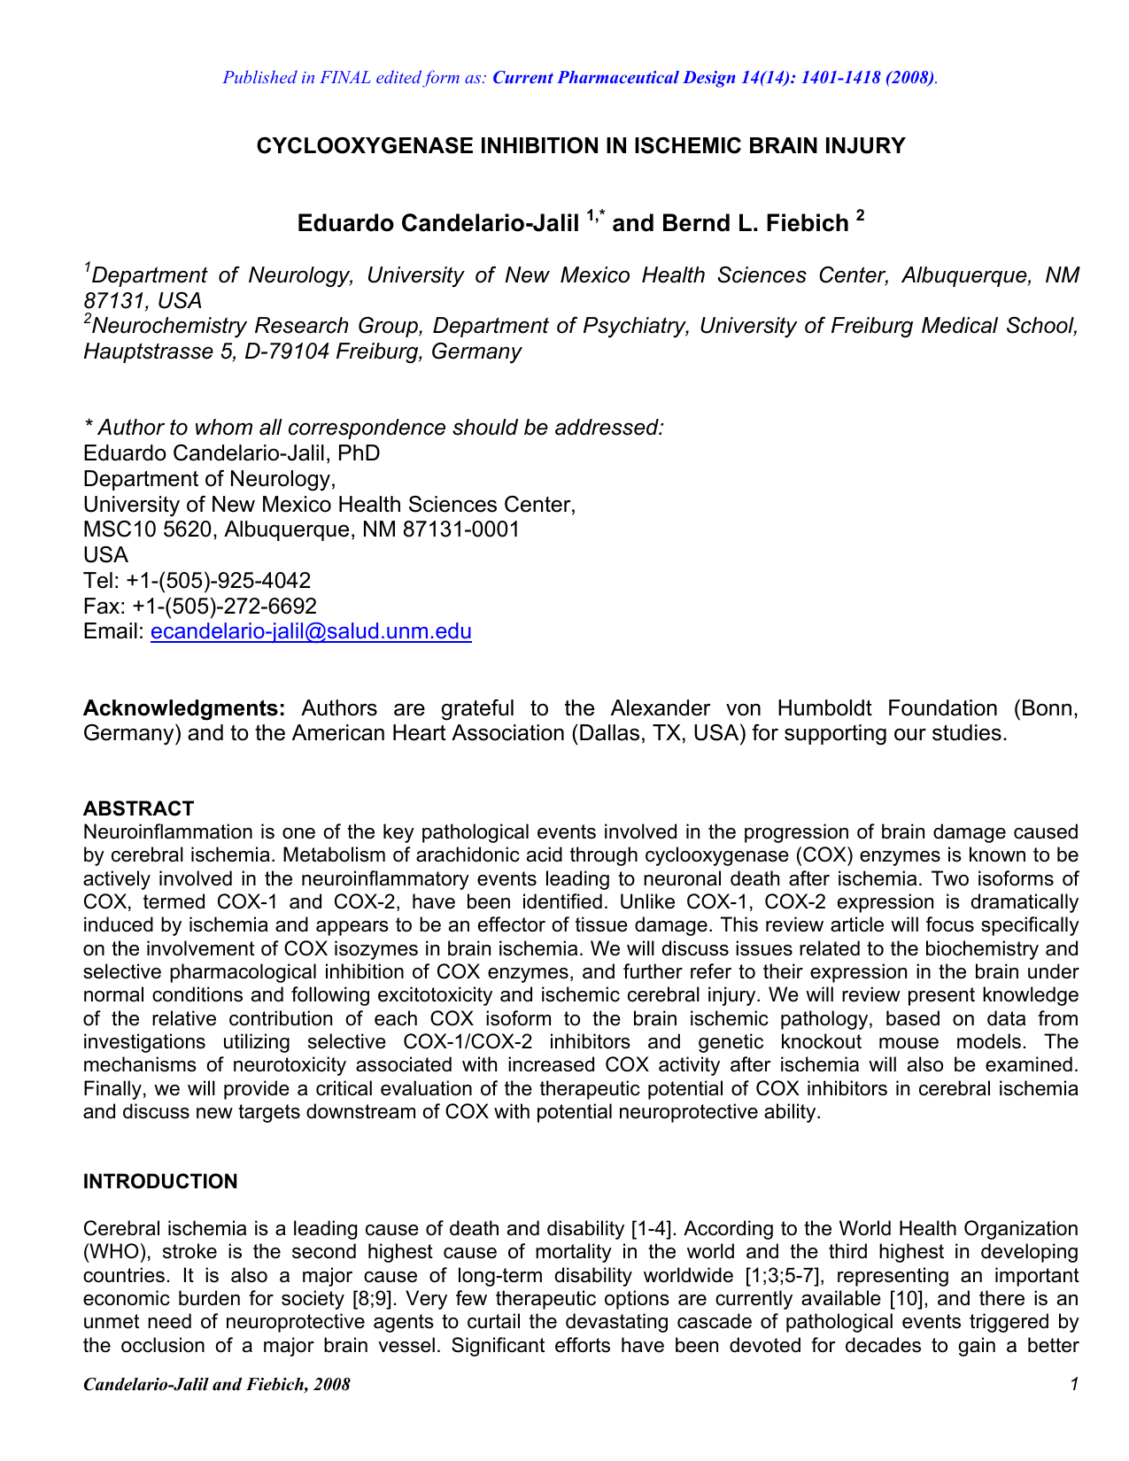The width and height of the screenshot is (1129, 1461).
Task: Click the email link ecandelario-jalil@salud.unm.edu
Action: click(311, 631)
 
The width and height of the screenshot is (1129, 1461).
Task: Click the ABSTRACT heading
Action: click(138, 808)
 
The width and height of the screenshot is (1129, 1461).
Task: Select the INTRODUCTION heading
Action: click(160, 1182)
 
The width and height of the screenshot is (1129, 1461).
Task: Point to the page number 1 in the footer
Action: click(1073, 1384)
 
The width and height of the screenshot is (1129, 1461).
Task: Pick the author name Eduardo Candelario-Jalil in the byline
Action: click(438, 223)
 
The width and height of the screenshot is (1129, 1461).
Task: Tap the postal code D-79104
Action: click(282, 352)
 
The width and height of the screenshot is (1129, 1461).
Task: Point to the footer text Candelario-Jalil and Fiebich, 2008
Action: click(216, 1384)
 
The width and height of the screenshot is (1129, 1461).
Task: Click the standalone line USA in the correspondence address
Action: click(105, 555)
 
